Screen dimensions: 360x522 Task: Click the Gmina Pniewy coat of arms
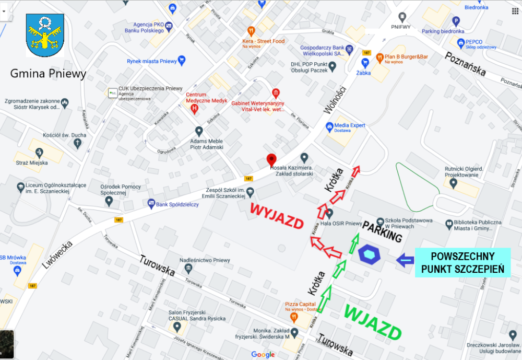pyautogui.click(x=45, y=36)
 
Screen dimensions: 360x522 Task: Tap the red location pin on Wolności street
pyautogui.click(x=271, y=159)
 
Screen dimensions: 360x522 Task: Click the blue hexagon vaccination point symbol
pyautogui.click(x=369, y=254)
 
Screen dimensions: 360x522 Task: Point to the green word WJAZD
pyautogui.click(x=373, y=322)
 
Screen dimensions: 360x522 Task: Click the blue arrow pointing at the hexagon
pyautogui.click(x=405, y=260)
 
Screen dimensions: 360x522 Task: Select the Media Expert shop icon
pyautogui.click(x=329, y=126)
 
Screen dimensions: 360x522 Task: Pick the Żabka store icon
pyautogui.click(x=364, y=63)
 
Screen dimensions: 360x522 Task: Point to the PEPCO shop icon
pyautogui.click(x=460, y=42)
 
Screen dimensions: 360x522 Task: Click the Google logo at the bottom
pyautogui.click(x=263, y=354)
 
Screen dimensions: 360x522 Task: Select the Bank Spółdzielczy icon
pyautogui.click(x=151, y=203)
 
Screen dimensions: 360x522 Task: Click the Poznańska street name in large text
pyautogui.click(x=466, y=64)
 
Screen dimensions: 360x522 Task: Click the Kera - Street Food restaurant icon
pyautogui.click(x=251, y=31)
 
